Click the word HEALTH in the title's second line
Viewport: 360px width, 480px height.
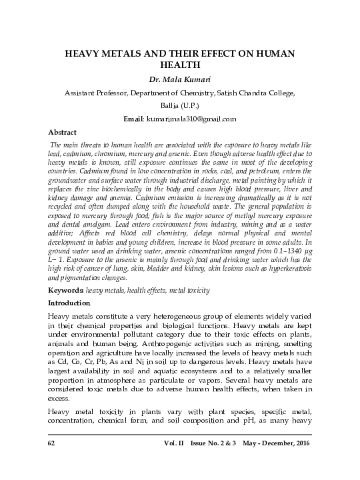coord(180,65)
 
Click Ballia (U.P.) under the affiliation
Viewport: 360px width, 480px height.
coord(180,106)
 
